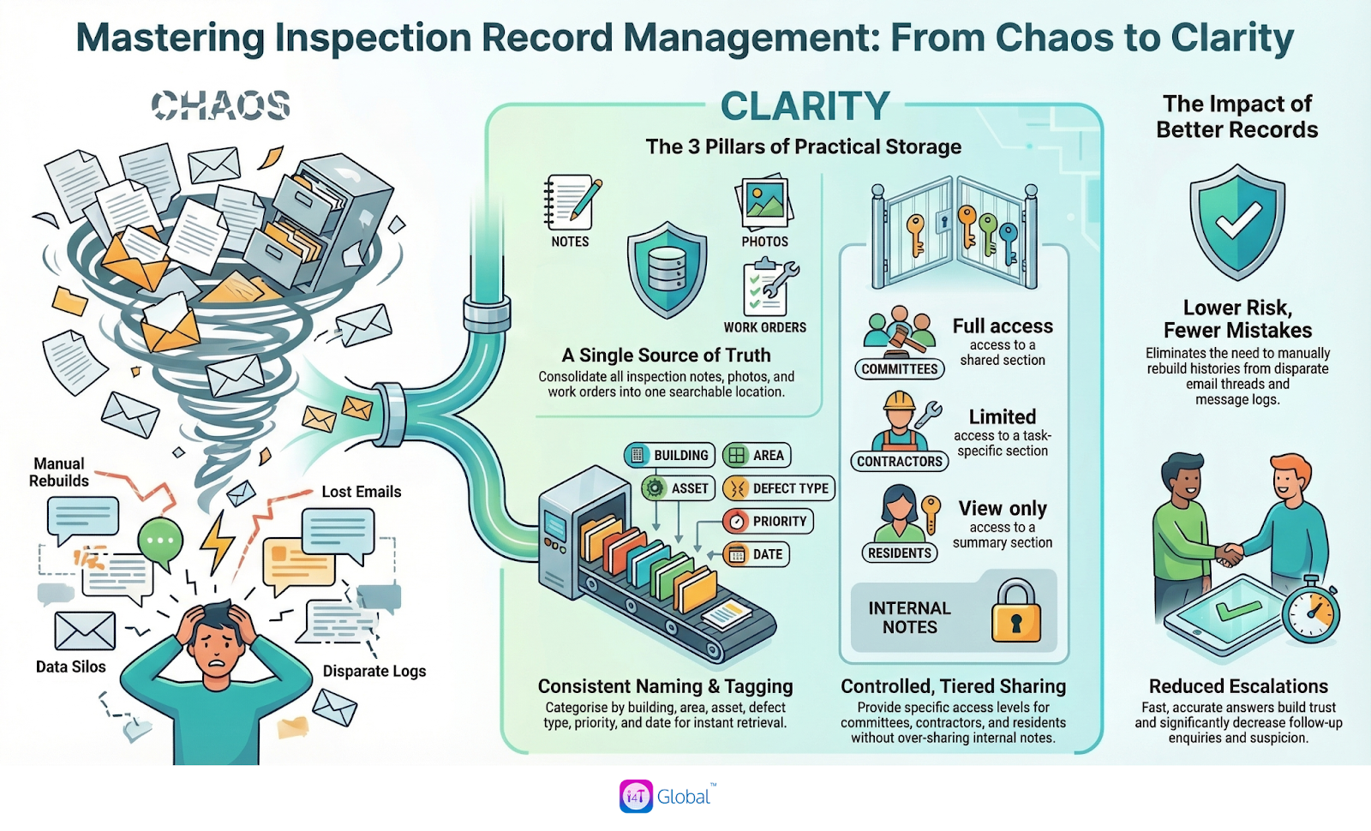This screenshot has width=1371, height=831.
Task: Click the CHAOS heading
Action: click(x=221, y=105)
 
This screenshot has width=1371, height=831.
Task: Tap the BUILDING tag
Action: click(x=671, y=456)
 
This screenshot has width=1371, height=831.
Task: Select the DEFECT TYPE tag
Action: click(x=779, y=488)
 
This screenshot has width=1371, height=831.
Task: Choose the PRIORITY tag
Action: click(x=768, y=521)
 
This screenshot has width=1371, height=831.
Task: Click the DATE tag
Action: click(x=757, y=554)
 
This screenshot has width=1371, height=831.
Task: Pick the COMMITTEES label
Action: click(x=899, y=369)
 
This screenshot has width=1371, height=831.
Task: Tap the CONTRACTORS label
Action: click(x=899, y=461)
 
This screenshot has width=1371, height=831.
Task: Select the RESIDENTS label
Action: click(x=899, y=553)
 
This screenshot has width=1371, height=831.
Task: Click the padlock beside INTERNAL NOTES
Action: click(x=1015, y=612)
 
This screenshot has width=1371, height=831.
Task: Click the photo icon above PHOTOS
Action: click(x=764, y=203)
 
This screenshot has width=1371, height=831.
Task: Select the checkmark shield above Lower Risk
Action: click(x=1237, y=222)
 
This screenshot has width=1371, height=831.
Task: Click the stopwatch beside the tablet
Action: click(x=1311, y=609)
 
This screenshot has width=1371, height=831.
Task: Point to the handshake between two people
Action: click(x=1231, y=554)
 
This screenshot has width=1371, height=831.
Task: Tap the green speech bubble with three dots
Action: click(x=160, y=541)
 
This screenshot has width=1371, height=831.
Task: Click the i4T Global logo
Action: click(x=668, y=797)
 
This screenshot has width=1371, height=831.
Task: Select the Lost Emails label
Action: click(x=361, y=492)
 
